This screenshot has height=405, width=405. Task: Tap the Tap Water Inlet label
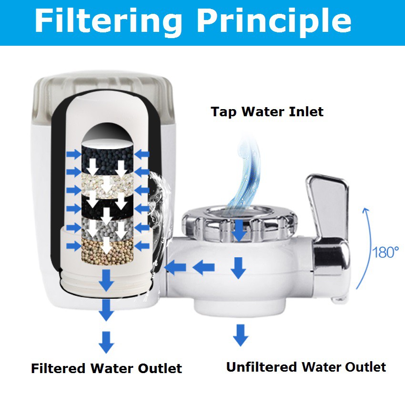tap(267, 112)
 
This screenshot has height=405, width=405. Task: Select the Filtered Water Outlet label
tap(106, 368)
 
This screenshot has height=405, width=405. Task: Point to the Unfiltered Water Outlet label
tap(306, 367)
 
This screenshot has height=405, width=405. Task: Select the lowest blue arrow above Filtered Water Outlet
tap(106, 342)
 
